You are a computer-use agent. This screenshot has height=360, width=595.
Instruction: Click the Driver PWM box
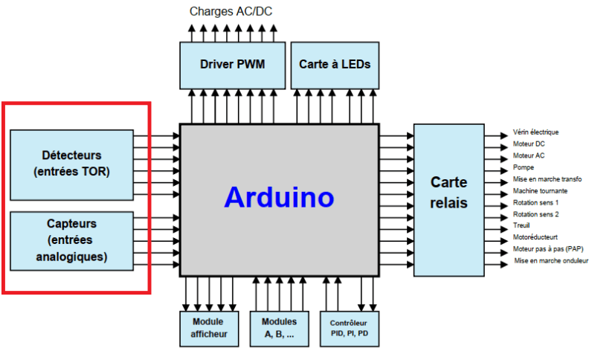point(232,65)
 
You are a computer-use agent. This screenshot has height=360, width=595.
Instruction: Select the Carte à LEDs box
point(335,65)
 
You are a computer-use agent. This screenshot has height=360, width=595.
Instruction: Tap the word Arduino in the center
point(280,198)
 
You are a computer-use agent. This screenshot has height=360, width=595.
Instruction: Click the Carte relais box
point(448,193)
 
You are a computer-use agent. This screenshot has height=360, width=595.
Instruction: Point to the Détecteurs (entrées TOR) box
point(72,164)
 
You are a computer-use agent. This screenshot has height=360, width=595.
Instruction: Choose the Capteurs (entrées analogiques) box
point(72,240)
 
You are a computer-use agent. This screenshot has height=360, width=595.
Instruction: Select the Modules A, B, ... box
point(279,328)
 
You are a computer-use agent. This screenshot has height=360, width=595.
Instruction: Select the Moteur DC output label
point(529,144)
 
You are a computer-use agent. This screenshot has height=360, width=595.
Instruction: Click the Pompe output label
point(524,167)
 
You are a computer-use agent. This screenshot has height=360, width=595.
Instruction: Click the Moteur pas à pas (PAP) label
point(547,249)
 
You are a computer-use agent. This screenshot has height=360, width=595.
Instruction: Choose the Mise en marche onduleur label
point(551,261)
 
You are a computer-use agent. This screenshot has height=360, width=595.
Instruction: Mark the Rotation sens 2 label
point(535,214)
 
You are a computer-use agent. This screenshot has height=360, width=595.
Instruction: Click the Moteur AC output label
point(529,155)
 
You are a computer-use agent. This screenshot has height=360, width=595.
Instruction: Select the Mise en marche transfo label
point(547,179)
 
